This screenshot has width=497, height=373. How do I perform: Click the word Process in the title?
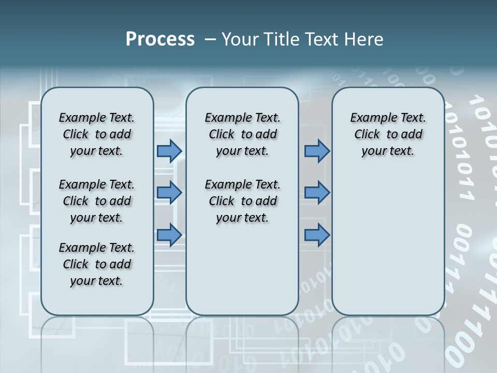click(x=160, y=39)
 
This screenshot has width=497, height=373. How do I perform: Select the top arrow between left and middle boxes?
click(x=169, y=151)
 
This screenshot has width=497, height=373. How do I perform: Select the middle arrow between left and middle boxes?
click(x=169, y=193)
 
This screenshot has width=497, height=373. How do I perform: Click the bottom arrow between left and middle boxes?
click(x=169, y=235)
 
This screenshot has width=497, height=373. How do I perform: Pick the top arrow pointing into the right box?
click(x=317, y=151)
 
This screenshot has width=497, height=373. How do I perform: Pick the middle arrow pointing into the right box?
click(x=317, y=193)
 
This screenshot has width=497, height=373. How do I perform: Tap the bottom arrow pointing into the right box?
click(x=317, y=235)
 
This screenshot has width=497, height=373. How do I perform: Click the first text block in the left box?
click(x=97, y=134)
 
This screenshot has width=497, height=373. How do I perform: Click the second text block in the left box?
click(x=97, y=201)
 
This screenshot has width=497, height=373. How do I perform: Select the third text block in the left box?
click(x=97, y=264)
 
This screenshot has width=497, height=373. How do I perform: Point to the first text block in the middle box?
click(x=242, y=134)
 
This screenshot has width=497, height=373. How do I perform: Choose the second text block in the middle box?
click(x=242, y=201)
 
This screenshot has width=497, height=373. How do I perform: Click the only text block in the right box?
click(x=388, y=134)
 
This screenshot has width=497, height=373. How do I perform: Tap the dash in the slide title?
click(x=210, y=39)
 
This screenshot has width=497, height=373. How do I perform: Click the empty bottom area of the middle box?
click(x=242, y=275)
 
